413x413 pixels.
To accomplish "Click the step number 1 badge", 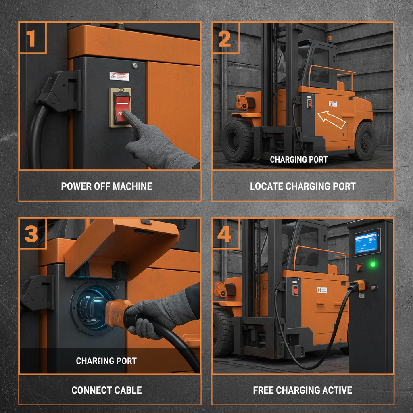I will (x=32, y=38).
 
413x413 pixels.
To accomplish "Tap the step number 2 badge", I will (x=225, y=38).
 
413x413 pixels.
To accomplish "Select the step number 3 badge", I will (x=32, y=234).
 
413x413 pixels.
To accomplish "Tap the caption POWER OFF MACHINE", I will (x=106, y=186).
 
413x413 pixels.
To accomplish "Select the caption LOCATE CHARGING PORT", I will (x=302, y=186).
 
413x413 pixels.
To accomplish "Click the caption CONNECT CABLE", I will (x=106, y=390).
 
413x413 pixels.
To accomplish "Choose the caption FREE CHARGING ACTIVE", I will (x=302, y=390).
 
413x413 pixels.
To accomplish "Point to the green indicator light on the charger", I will (x=373, y=265).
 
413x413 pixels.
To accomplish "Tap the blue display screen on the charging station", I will (x=366, y=242).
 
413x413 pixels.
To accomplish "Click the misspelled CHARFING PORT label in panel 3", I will (x=106, y=361).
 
